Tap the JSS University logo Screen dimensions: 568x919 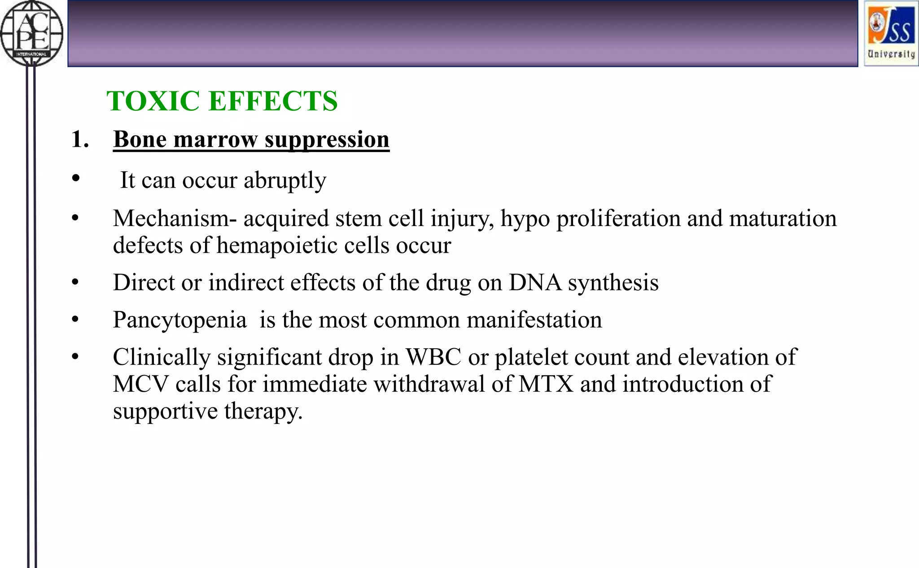pos(891,34)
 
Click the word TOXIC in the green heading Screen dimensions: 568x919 pos(153,101)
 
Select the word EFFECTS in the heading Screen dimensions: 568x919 pos(273,101)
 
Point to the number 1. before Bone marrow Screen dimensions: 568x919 pos(79,139)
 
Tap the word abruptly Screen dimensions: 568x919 pos(285,180)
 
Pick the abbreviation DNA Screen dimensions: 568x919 pos(535,283)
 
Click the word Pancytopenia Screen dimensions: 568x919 pos(179,320)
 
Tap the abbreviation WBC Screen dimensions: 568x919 pos(433,357)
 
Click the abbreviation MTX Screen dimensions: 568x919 pos(546,384)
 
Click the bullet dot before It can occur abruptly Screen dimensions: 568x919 pos(76,179)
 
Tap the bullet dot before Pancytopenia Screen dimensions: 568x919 pos(75,319)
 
